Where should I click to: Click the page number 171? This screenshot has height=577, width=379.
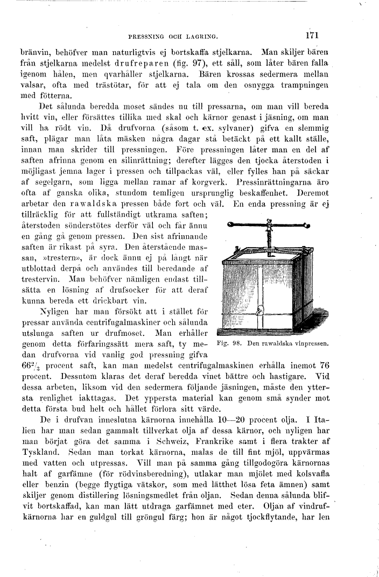point(312,37)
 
